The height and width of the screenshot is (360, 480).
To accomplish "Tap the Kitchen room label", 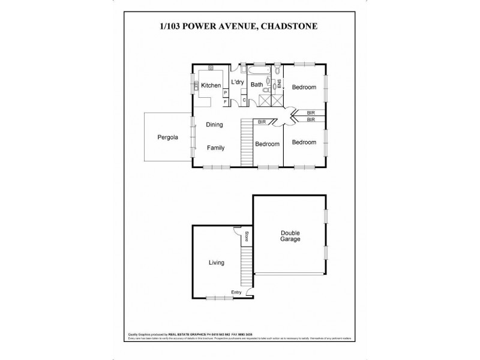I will coord(211,86).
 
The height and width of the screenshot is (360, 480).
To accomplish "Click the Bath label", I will coord(257,85).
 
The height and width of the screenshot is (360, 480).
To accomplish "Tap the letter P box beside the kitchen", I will coord(225,93).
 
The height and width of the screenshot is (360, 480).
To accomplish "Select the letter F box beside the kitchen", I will coord(225,102).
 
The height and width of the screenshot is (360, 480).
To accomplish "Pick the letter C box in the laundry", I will coord(244,100).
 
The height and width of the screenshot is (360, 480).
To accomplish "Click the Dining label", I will coord(214,125).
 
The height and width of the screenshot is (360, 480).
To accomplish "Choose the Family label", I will coord(217,148).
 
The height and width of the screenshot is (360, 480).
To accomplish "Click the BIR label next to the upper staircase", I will coord(262,122).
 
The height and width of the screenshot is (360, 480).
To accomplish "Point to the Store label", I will coord(245,236).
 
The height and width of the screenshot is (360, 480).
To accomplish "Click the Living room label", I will coord(216,263).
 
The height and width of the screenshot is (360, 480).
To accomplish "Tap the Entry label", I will coord(238,293).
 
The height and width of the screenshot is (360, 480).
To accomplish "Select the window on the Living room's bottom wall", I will coord(215,299).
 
